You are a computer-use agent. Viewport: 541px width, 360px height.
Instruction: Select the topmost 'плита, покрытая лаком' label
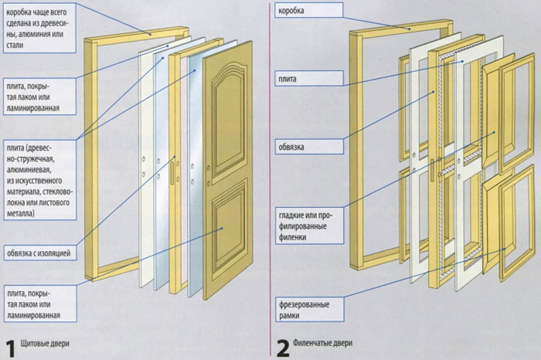coord(39,93)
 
